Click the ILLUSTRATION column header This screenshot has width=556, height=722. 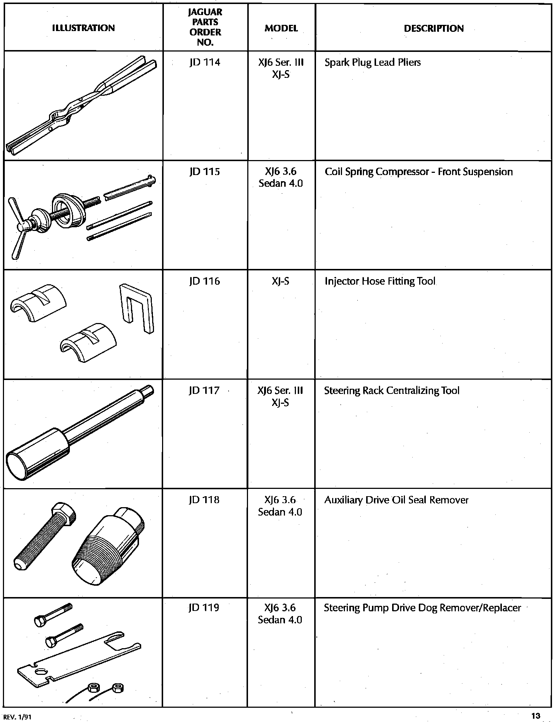point(83,28)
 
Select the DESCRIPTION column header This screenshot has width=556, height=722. point(433,28)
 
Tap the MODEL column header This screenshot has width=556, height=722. point(281,28)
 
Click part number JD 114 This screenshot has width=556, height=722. point(205,62)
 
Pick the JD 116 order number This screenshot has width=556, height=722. point(205,281)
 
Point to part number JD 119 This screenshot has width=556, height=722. point(204,608)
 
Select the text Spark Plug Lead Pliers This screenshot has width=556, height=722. point(372,62)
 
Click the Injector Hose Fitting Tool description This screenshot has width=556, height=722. point(380,281)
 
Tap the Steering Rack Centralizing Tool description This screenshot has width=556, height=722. point(391,391)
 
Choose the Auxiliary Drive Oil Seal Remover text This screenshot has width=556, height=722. point(396,500)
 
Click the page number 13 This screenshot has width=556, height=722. point(536,715)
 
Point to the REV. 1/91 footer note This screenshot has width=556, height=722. point(17,717)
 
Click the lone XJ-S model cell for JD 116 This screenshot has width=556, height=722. point(281,281)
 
